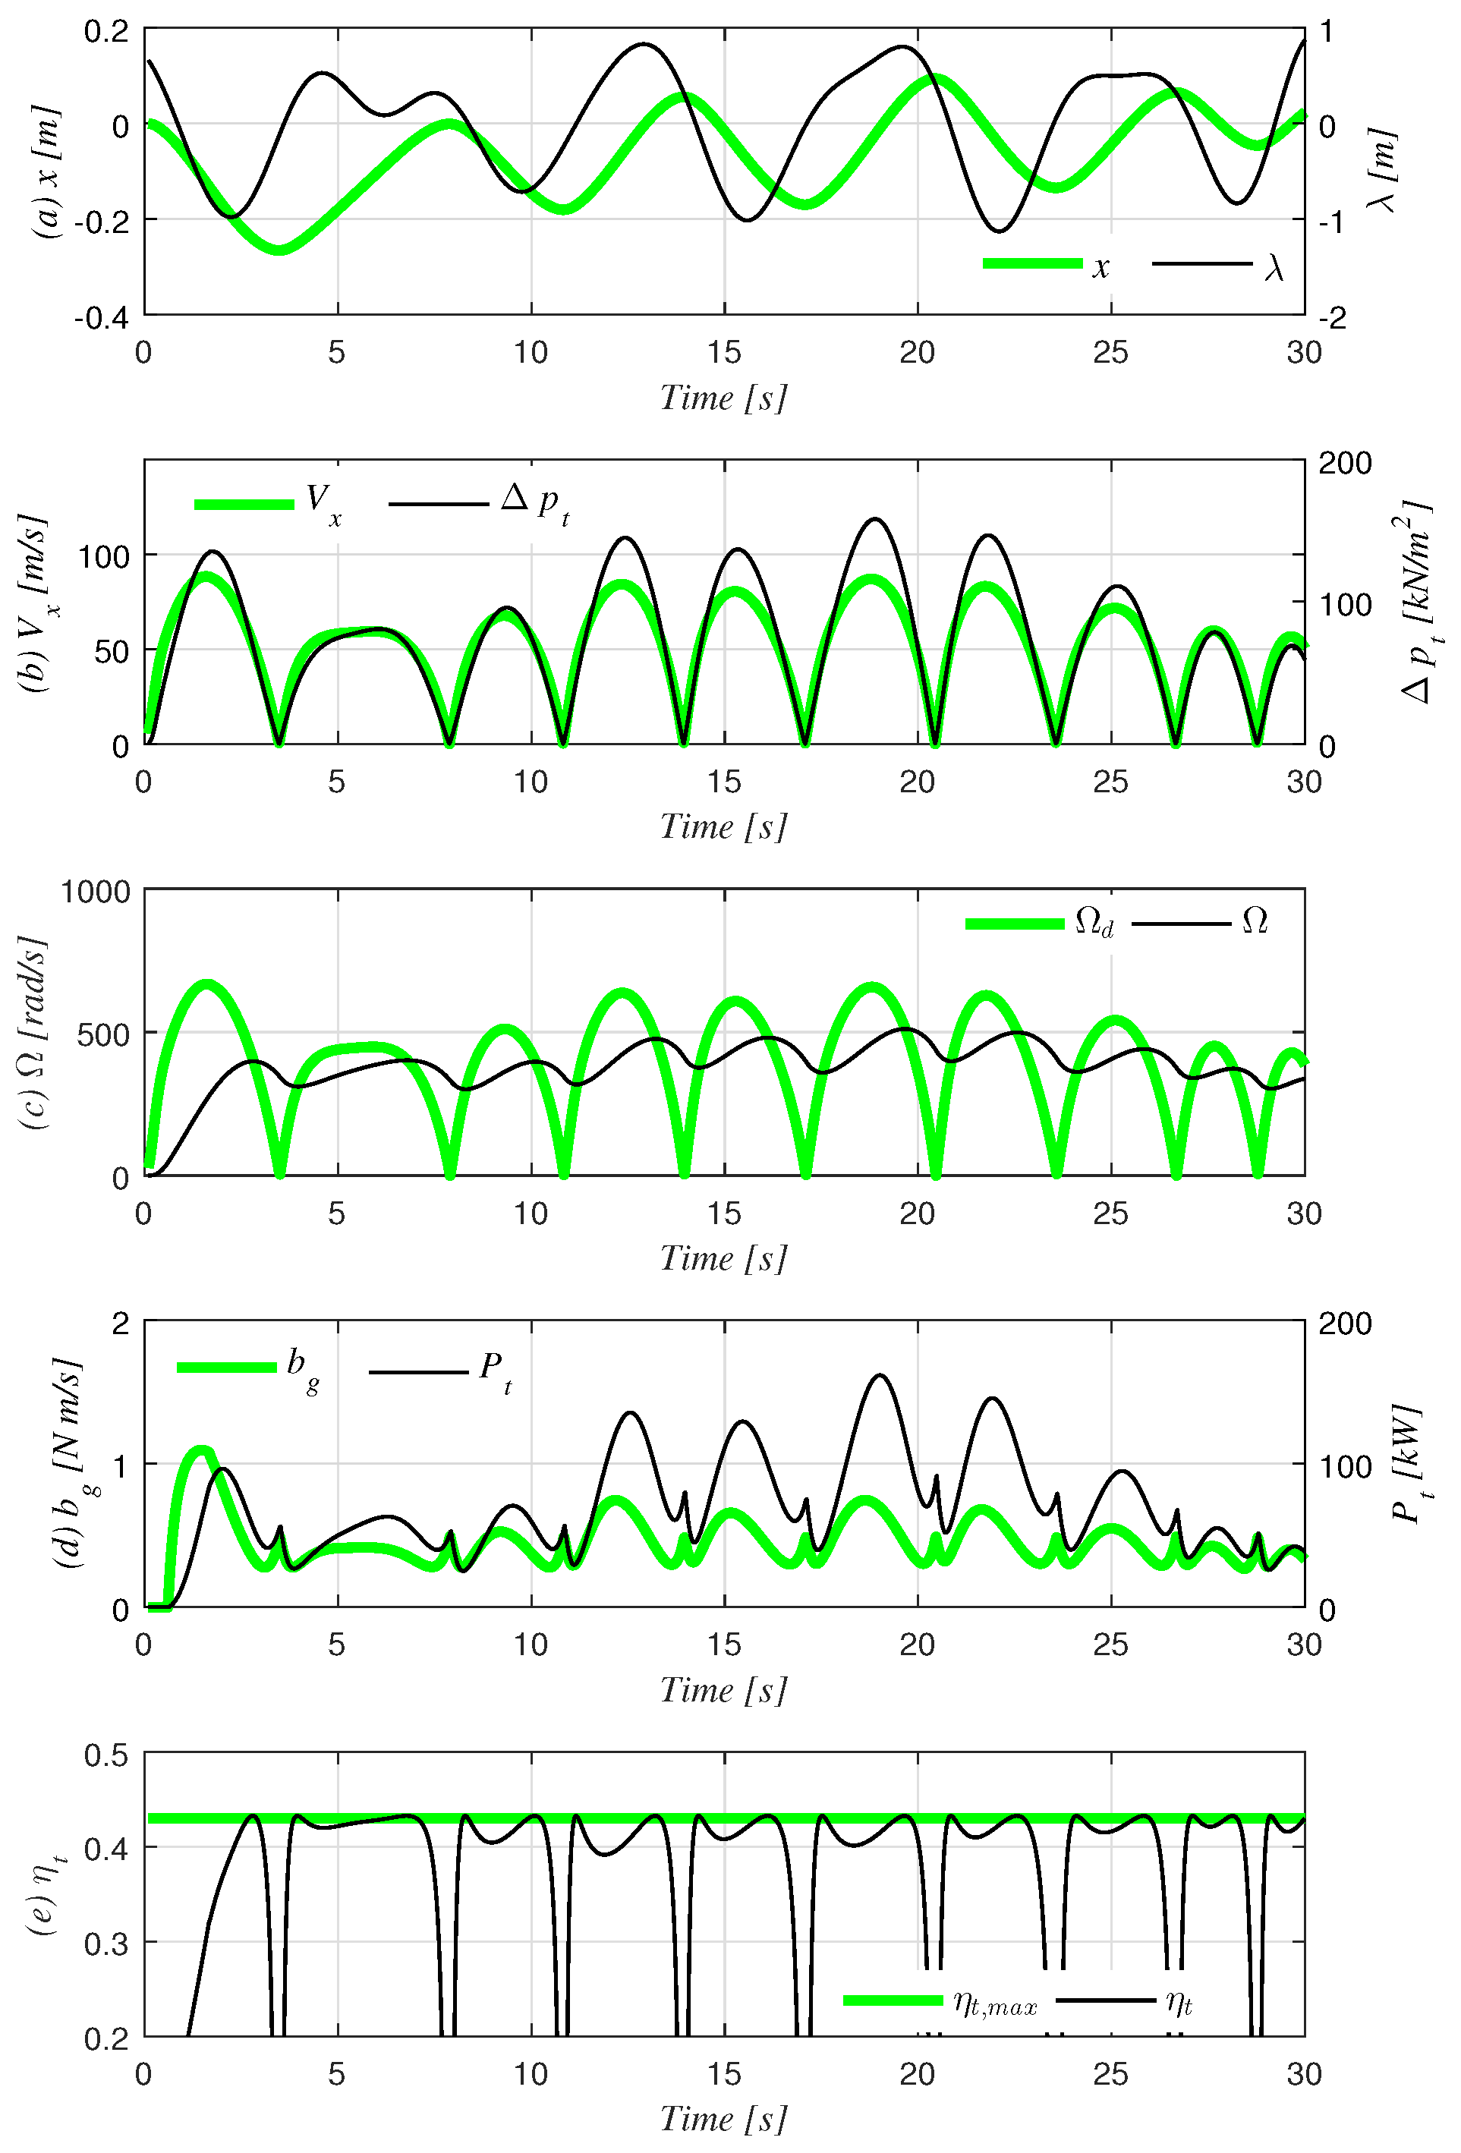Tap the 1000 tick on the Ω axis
96,891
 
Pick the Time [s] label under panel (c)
723,1258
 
